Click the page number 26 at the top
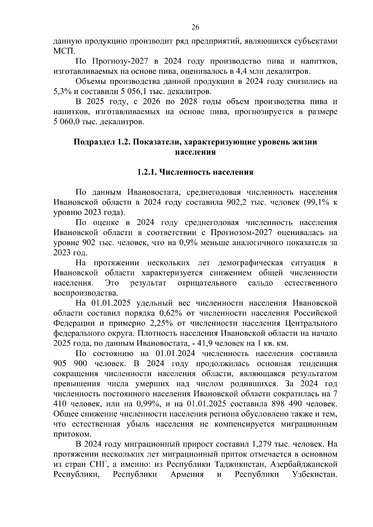coord(195,27)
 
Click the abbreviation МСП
coord(62,51)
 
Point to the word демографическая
coord(251,263)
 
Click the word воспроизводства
coord(85,293)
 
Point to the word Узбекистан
coord(315,475)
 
